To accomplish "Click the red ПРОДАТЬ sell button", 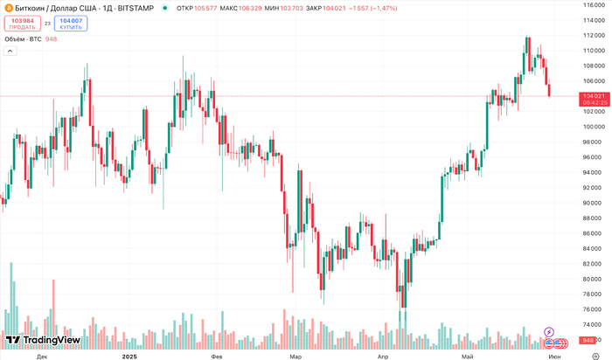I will pos(23,23).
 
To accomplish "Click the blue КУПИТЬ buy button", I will pos(71,23).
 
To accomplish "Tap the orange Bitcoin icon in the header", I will pos(7,7).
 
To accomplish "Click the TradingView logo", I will pos(43,340).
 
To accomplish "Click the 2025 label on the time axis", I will pos(129,357).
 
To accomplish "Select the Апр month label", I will pos(381,357).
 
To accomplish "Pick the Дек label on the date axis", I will pos(42,357).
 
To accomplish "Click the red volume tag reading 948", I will pos(588,340).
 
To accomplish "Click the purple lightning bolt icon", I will pos(548,332).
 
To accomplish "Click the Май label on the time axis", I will pos(467,357).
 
